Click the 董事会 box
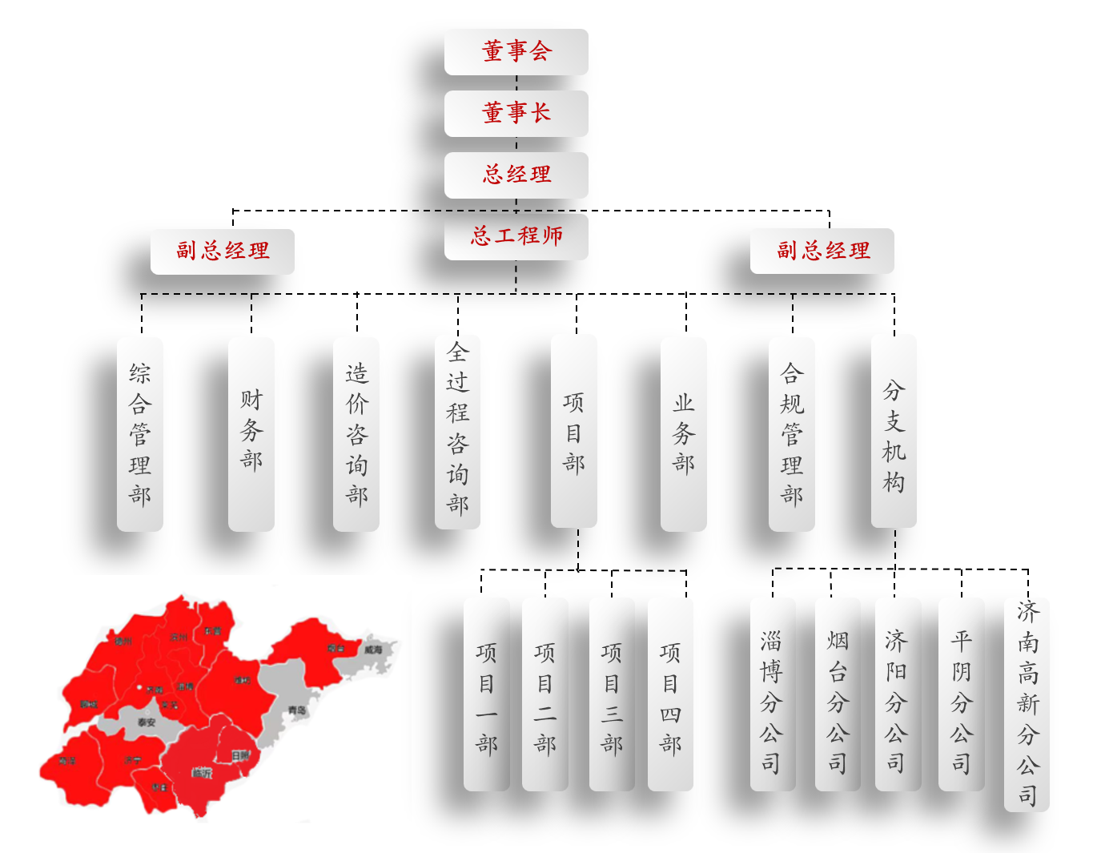pos(516,52)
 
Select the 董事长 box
pos(516,113)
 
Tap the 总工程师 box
pos(516,236)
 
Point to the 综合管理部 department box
pos(140,434)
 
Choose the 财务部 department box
pos(251,434)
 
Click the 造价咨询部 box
pos(356,434)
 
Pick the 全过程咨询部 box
pos(457,433)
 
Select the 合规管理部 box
pos(792,434)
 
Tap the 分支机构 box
pos(894,433)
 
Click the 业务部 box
pos(684,434)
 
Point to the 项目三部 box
pos(612,694)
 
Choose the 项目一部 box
pos(486,694)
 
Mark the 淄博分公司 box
pos(772,694)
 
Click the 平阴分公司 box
pos(962,694)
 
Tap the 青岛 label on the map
pos(298,710)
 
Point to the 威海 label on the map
pos(373,650)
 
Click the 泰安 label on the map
pos(147,722)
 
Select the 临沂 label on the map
pos(203,773)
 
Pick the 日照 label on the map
pos(240,755)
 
